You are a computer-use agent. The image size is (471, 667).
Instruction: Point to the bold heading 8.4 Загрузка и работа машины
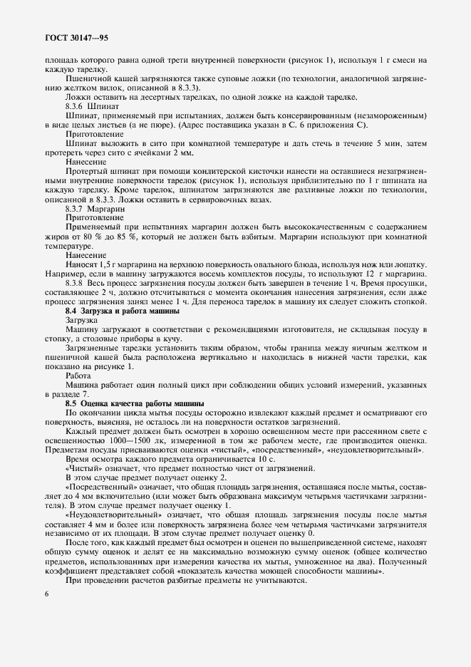point(123,311)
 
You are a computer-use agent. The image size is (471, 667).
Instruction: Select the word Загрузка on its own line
point(85,321)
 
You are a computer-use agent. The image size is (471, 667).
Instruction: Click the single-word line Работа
point(78,376)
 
